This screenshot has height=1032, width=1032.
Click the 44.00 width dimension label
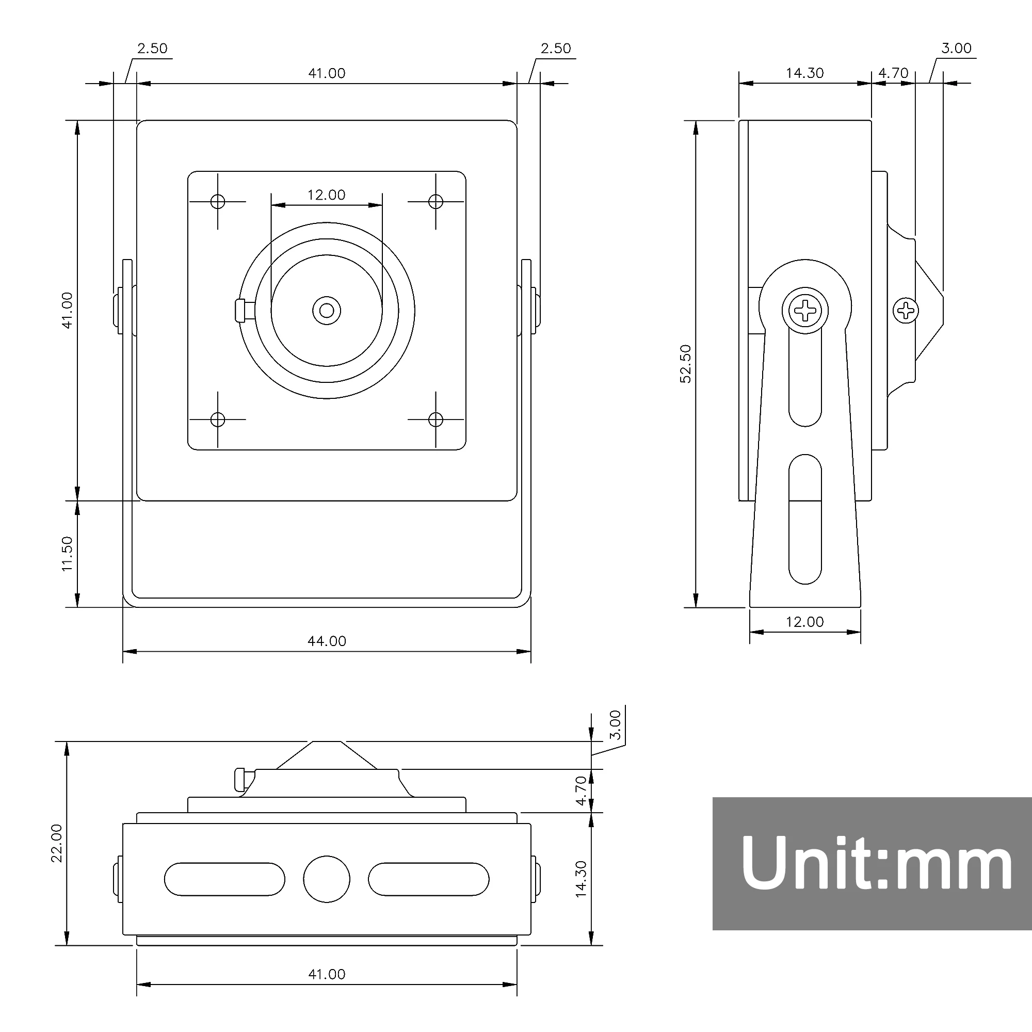click(327, 641)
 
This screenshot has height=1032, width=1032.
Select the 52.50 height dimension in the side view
click(686, 364)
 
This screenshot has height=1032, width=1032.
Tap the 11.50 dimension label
click(67, 554)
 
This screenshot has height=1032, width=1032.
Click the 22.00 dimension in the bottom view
click(57, 843)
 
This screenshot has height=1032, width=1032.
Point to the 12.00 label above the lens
click(327, 195)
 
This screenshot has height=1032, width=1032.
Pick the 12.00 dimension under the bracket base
click(804, 622)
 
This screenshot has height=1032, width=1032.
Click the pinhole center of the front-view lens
click(327, 310)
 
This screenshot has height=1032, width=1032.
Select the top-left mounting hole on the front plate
click(217, 201)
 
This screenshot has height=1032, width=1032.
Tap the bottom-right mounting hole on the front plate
click(436, 420)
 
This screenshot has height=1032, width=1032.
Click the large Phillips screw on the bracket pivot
click(805, 310)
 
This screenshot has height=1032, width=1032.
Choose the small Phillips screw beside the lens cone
click(906, 310)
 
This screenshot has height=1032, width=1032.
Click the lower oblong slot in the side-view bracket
click(805, 519)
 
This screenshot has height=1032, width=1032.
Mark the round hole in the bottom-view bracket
click(327, 879)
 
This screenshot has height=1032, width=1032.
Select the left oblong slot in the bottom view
click(224, 879)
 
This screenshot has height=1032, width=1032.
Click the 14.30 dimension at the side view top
click(804, 73)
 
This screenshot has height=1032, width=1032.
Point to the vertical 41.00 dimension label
click(67, 310)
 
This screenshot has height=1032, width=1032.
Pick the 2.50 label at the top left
click(152, 49)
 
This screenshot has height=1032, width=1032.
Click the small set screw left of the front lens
click(240, 311)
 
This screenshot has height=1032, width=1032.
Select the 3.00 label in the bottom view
click(616, 724)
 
